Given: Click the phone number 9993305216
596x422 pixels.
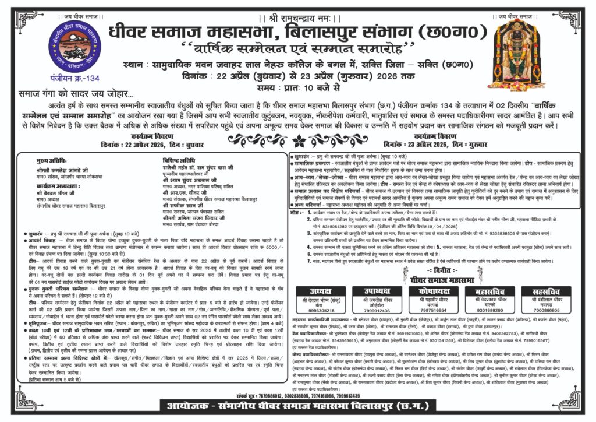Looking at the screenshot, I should (x=320, y=311).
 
